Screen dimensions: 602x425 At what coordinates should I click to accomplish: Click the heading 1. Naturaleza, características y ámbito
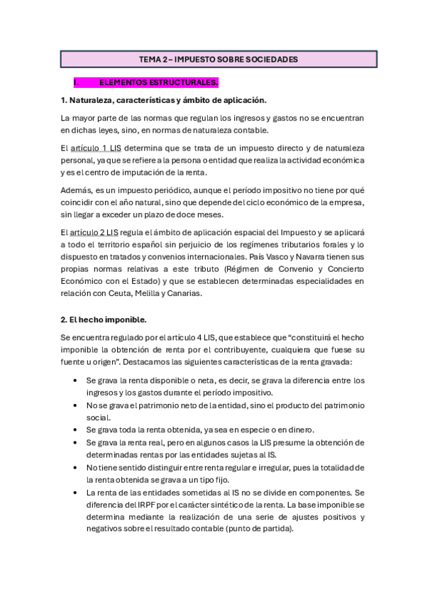pos(163,100)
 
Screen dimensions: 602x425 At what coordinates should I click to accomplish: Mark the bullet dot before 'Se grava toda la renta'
pos(76,430)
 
